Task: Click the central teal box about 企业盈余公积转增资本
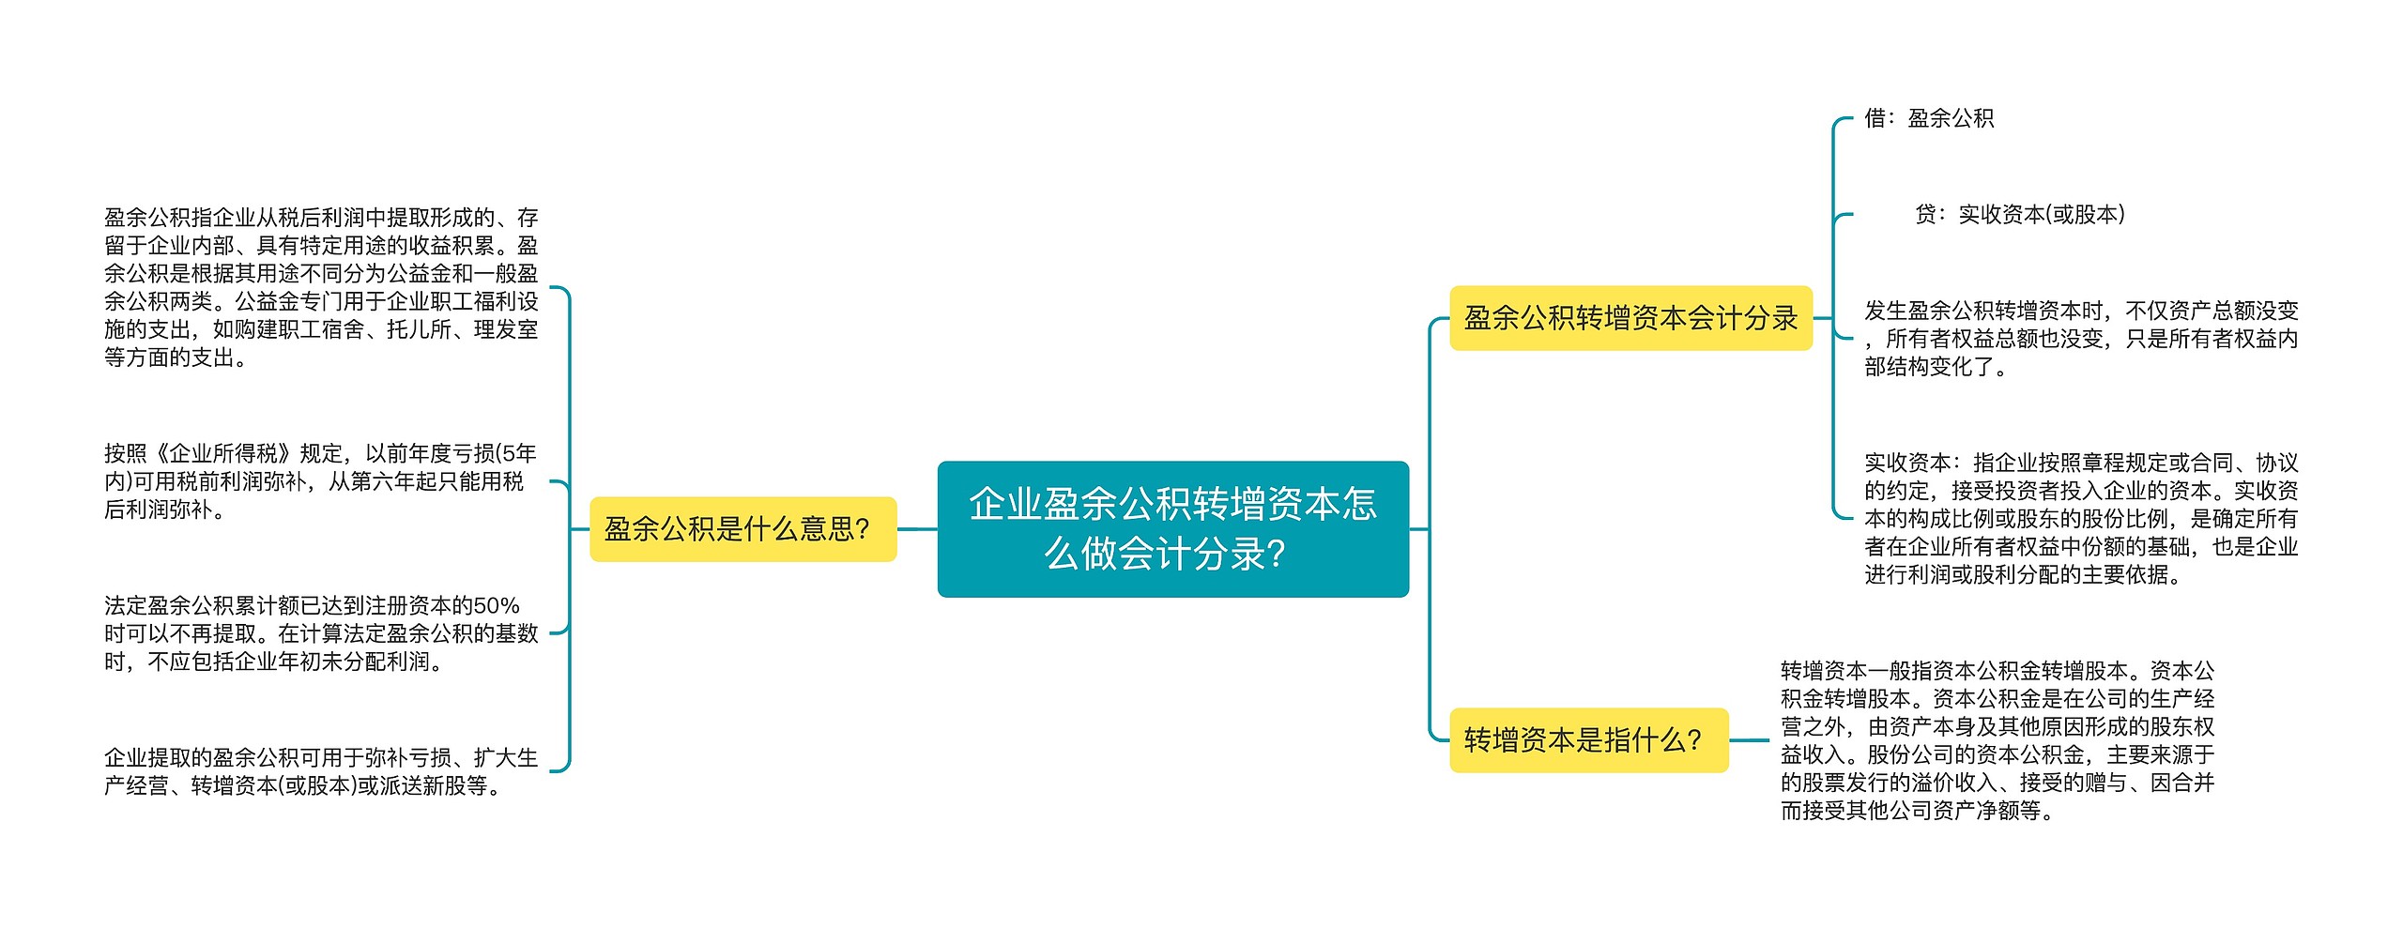pyautogui.click(x=1172, y=528)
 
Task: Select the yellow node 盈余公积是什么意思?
pyautogui.click(x=742, y=529)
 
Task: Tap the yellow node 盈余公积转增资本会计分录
pyautogui.click(x=1630, y=318)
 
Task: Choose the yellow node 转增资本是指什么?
pyautogui.click(x=1588, y=740)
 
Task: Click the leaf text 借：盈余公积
pyautogui.click(x=1928, y=118)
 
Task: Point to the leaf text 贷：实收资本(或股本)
pyautogui.click(x=2019, y=215)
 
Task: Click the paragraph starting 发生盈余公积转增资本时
pyautogui.click(x=2080, y=338)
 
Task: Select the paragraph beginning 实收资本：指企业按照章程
pyautogui.click(x=2080, y=518)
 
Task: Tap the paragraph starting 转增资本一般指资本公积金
pyautogui.click(x=1997, y=740)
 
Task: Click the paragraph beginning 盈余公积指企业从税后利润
pyautogui.click(x=321, y=287)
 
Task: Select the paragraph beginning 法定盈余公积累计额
pyautogui.click(x=321, y=633)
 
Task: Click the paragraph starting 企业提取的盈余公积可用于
pyautogui.click(x=321, y=770)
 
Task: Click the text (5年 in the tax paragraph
pyautogui.click(x=515, y=454)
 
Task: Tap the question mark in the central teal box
pyautogui.click(x=1276, y=555)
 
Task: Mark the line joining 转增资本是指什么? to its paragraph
pyautogui.click(x=1749, y=740)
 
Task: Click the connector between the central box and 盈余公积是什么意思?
pyautogui.click(x=917, y=529)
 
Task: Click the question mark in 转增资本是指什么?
pyautogui.click(x=1694, y=740)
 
